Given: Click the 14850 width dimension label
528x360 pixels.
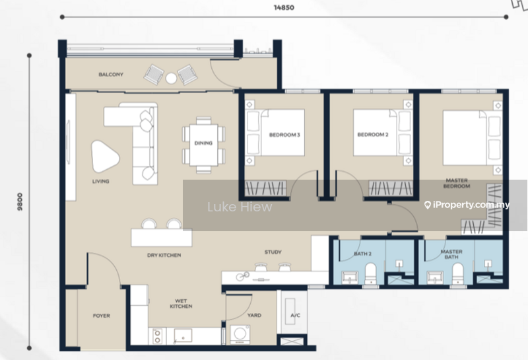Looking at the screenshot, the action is (284, 7).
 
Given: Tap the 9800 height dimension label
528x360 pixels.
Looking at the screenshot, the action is (20, 201).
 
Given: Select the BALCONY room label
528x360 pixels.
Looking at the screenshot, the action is (111, 75).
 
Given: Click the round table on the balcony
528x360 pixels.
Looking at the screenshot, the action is (171, 78).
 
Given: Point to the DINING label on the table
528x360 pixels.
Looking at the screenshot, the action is (203, 143).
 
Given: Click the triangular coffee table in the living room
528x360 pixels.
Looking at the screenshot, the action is (105, 157).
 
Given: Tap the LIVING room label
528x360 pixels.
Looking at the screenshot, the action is (101, 182).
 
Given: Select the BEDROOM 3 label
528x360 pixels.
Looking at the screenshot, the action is (284, 135).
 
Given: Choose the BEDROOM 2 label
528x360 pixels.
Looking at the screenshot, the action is (373, 135).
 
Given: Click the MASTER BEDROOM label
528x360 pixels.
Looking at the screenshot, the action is (457, 183).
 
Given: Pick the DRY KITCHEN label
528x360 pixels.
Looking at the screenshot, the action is (164, 255).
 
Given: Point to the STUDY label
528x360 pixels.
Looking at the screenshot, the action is (273, 252).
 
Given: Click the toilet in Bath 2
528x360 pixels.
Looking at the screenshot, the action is (371, 273).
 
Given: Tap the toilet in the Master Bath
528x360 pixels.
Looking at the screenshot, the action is (457, 273).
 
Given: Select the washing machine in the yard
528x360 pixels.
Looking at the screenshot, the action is (240, 334).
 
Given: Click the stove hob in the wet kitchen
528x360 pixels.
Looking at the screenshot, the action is (157, 336).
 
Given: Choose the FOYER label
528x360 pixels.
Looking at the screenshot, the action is (102, 316).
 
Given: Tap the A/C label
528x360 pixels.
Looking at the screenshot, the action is (295, 316).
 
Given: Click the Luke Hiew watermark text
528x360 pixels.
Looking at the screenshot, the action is (240, 207).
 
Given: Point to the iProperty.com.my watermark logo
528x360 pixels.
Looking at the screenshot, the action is (467, 205).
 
